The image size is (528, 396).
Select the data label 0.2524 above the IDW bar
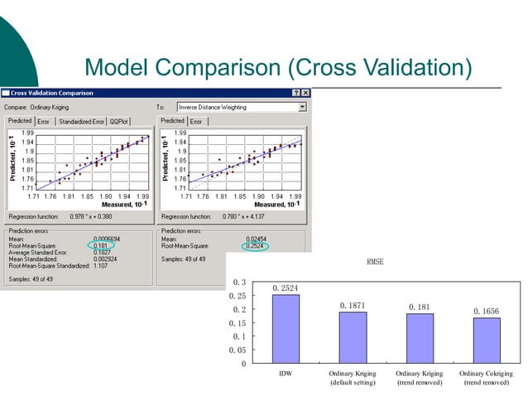coord(285,288)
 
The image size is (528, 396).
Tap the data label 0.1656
coord(487,311)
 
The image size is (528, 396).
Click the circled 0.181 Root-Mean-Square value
coord(102,245)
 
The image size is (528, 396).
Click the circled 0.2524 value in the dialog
coord(254,246)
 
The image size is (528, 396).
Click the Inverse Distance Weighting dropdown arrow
coord(302,107)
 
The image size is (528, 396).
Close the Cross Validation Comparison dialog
coord(305,92)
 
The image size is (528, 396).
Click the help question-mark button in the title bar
coord(295,92)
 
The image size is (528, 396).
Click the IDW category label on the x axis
coord(285,375)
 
